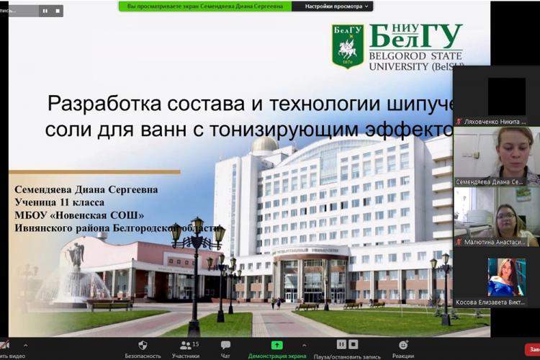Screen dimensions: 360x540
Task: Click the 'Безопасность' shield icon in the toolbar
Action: point(143,346)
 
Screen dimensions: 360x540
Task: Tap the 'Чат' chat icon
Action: point(225,346)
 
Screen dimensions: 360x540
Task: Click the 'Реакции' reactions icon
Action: point(402,346)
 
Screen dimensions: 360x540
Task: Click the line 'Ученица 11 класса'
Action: point(59,202)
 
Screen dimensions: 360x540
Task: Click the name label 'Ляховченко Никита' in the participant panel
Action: point(495,121)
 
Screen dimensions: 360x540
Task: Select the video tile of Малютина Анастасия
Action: point(496,217)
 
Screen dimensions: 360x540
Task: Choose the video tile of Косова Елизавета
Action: point(496,277)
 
